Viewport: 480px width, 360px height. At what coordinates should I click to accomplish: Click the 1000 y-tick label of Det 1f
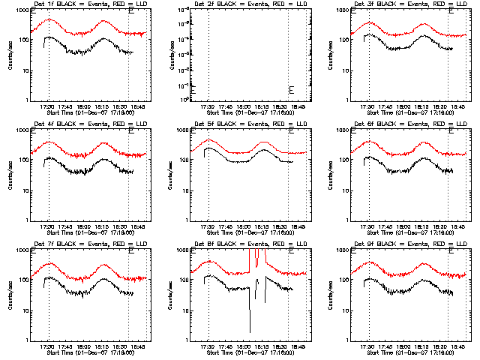click(23, 11)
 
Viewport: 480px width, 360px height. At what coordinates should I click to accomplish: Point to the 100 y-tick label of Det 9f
click(345, 280)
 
